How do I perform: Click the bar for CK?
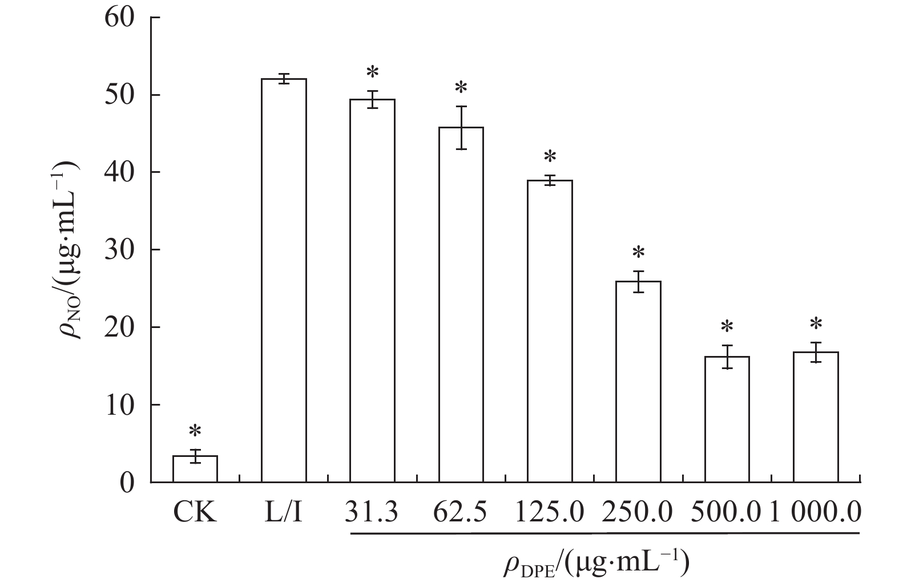tap(195, 469)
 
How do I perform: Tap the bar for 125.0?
tap(550, 331)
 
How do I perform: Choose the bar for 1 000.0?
tap(816, 417)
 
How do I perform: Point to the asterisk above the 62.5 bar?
tap(461, 88)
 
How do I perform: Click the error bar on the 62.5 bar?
tap(461, 128)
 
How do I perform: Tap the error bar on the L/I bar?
tap(284, 79)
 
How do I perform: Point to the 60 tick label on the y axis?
tap(119, 18)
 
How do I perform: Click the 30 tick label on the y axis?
tap(119, 250)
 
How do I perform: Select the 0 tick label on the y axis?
tap(127, 483)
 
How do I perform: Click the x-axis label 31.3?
tap(372, 512)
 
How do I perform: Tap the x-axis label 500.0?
tap(725, 512)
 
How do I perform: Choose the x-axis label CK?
tap(195, 512)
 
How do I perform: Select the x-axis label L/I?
tap(283, 512)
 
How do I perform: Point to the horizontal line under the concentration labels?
tap(604, 533)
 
